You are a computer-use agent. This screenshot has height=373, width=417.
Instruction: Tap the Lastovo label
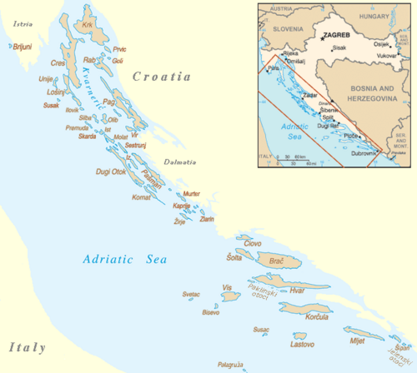301,344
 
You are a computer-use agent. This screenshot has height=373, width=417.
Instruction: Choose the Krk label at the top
88,25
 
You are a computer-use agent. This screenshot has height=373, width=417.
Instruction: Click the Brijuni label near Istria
22,47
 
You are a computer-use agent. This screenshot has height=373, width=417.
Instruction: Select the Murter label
190,193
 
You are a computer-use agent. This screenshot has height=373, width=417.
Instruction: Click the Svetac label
191,295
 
